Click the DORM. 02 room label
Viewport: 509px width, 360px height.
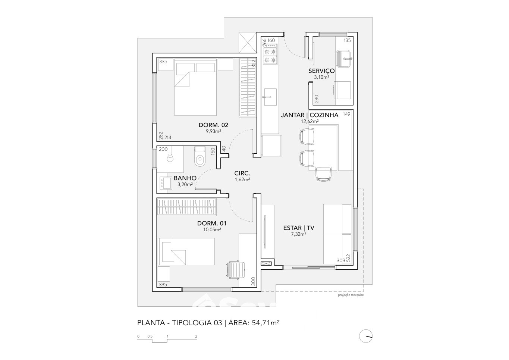coord(213,125)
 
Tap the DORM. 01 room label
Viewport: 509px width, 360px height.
coord(212,223)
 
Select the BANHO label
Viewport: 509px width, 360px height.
coord(185,178)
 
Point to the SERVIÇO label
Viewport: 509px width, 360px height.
coord(321,71)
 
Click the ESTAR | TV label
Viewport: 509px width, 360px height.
coord(299,228)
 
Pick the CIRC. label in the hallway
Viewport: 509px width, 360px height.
coord(242,173)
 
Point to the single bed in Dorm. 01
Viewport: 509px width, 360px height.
coord(186,251)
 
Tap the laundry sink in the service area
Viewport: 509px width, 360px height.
coord(344,59)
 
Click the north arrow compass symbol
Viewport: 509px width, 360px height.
coord(365,336)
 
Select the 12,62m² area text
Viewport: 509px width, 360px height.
coord(310,121)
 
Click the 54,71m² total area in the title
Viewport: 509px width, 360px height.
coord(266,323)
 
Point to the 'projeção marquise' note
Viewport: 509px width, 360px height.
coord(351,295)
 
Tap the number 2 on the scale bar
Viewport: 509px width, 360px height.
coord(196,336)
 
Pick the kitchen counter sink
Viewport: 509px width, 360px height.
coord(270,97)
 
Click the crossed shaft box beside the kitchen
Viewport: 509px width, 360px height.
coord(248,43)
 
